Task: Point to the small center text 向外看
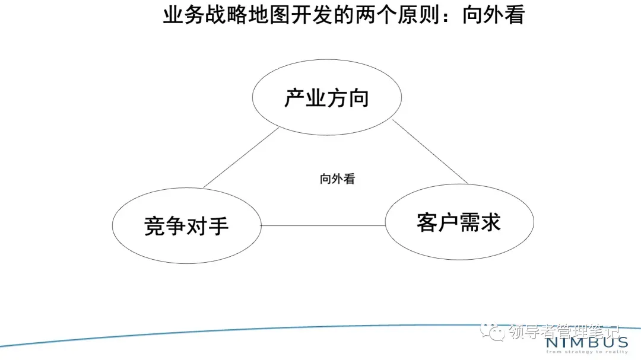(x=337, y=179)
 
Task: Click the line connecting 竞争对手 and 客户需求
(x=323, y=225)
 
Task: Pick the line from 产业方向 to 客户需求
(x=430, y=152)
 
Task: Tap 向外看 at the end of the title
(x=494, y=15)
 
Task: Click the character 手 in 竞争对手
(x=218, y=227)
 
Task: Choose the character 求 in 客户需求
(x=490, y=222)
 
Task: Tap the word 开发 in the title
(x=312, y=15)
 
